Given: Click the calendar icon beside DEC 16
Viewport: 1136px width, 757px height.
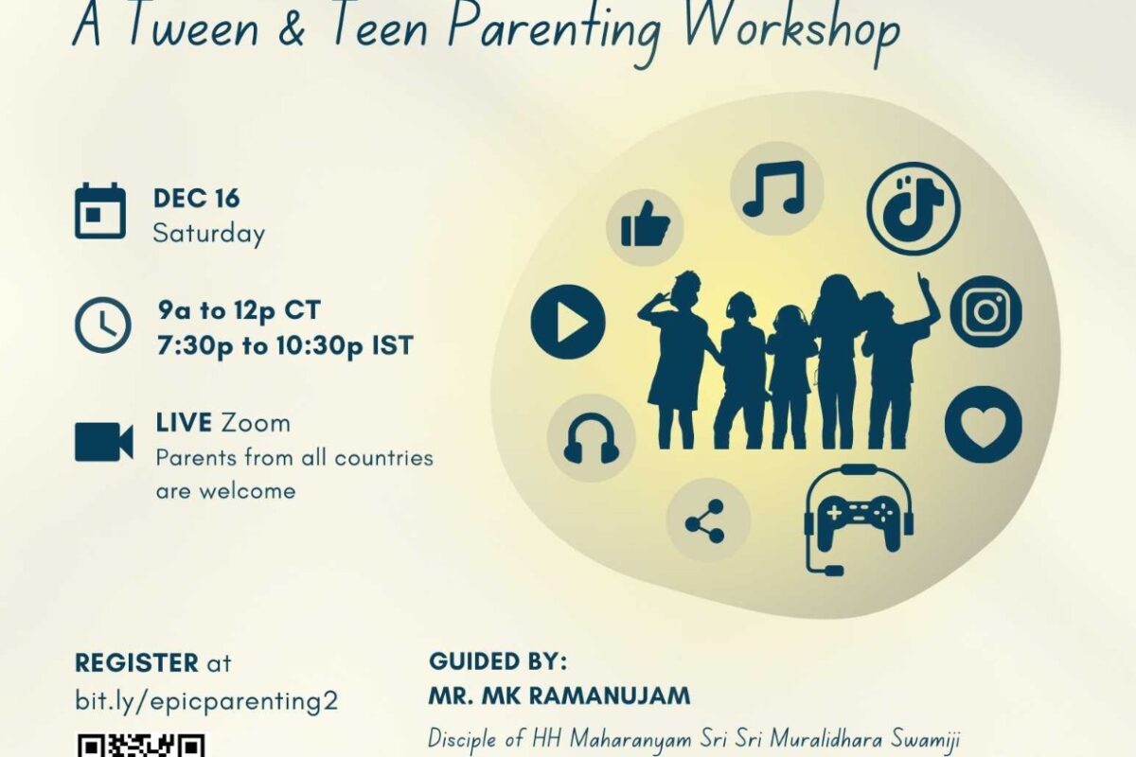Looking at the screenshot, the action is click(x=100, y=210).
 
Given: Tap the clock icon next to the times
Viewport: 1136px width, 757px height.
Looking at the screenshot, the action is click(x=102, y=325).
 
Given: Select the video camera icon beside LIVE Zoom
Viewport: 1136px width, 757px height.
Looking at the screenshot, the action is click(x=104, y=442).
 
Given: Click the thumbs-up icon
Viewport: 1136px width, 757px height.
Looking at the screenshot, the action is click(x=645, y=224).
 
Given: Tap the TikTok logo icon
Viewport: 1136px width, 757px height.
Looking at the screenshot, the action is click(x=914, y=208).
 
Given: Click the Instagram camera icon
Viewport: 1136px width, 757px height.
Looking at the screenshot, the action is click(x=985, y=311).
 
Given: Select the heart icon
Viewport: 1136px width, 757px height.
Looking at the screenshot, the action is click(x=984, y=424).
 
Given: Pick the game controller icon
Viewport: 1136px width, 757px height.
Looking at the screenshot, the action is click(x=860, y=519).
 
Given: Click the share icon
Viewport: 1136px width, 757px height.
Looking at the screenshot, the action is click(x=705, y=521).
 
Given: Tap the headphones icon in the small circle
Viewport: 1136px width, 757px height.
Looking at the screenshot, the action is click(x=592, y=438).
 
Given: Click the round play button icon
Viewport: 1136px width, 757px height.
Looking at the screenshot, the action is click(x=568, y=322).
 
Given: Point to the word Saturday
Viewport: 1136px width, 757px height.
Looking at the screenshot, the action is click(x=209, y=235).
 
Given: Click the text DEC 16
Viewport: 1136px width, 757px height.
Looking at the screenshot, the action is click(x=196, y=198).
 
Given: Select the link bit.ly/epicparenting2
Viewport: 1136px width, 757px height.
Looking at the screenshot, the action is click(x=206, y=702).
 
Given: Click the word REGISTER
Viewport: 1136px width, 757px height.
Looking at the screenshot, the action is click(x=137, y=662).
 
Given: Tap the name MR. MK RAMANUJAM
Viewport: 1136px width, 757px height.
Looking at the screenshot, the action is click(x=559, y=695).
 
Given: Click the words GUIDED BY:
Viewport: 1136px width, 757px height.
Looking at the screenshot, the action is click(x=498, y=661).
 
